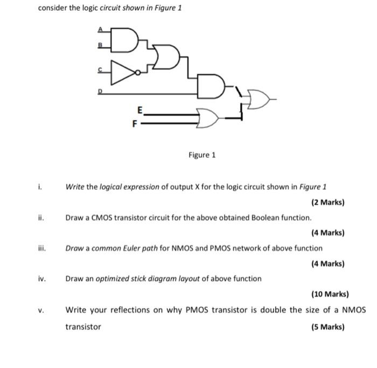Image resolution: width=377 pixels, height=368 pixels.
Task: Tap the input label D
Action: tap(99, 92)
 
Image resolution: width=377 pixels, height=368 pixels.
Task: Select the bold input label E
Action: tap(140, 110)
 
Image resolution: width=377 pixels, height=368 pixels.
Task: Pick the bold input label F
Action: tap(135, 123)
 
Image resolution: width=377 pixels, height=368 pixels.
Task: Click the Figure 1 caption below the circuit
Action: tap(202, 155)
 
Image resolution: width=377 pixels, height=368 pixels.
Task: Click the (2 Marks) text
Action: tap(327, 203)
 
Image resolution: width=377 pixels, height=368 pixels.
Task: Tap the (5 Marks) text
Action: tap(327, 327)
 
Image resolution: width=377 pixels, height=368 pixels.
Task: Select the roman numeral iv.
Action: tap(43, 279)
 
